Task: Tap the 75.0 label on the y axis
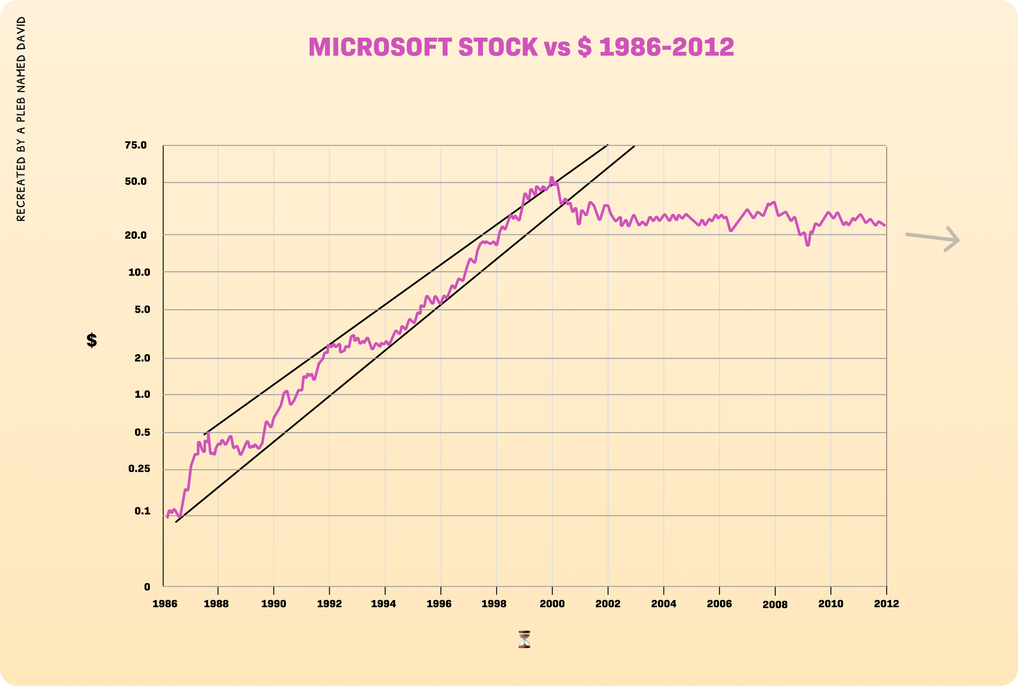click(x=136, y=145)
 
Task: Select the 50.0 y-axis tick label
click(x=136, y=181)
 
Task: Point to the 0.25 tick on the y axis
click(x=139, y=469)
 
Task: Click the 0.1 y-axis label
click(x=142, y=511)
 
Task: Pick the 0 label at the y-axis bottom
click(x=147, y=587)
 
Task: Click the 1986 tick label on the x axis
click(x=165, y=604)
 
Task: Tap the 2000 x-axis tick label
click(x=552, y=604)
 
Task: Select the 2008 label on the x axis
click(x=775, y=605)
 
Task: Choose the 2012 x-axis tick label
click(x=886, y=604)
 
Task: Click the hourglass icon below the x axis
click(x=524, y=639)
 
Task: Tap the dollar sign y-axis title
click(x=92, y=340)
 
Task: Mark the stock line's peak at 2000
click(x=551, y=178)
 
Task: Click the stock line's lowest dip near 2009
click(x=808, y=245)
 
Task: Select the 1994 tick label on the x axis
click(x=383, y=604)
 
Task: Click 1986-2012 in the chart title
click(x=666, y=47)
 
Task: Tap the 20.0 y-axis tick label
click(x=136, y=235)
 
